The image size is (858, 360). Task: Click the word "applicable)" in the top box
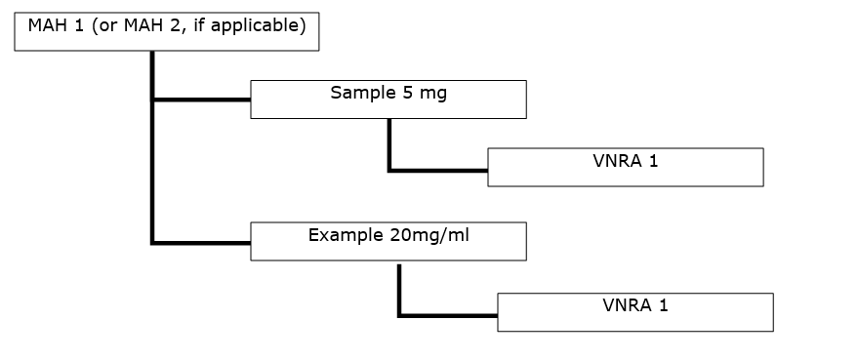click(263, 25)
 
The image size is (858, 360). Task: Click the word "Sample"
click(357, 94)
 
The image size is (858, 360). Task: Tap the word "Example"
click(345, 235)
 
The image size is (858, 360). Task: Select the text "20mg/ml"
click(429, 235)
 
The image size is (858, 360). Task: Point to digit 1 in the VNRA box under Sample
click(654, 161)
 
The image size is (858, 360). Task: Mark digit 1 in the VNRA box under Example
click(664, 306)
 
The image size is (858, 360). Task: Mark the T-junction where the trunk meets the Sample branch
click(152, 100)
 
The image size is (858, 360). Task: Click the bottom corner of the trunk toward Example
click(152, 242)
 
